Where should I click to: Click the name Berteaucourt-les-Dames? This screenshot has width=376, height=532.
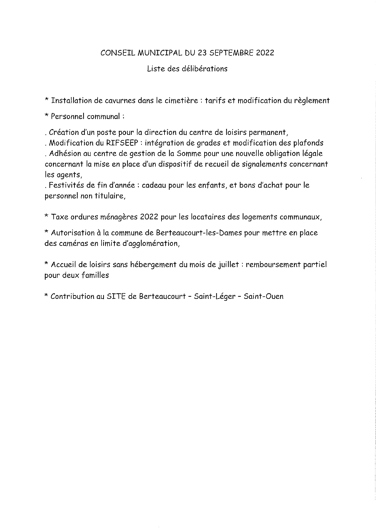click(x=199, y=233)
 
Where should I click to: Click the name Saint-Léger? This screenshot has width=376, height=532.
click(x=215, y=296)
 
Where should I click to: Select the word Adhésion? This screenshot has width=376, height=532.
click(x=63, y=153)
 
